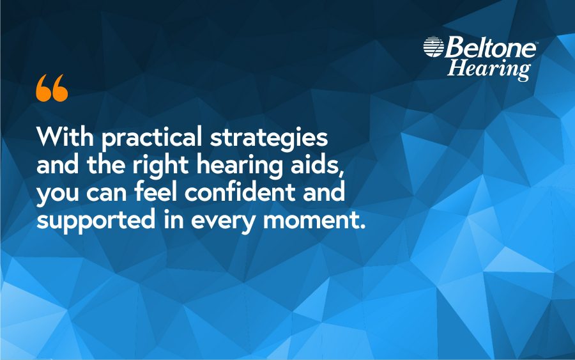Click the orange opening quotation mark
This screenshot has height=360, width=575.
click(52, 88)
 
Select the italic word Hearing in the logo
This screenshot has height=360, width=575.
click(489, 68)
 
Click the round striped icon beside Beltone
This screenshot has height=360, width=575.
click(433, 47)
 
